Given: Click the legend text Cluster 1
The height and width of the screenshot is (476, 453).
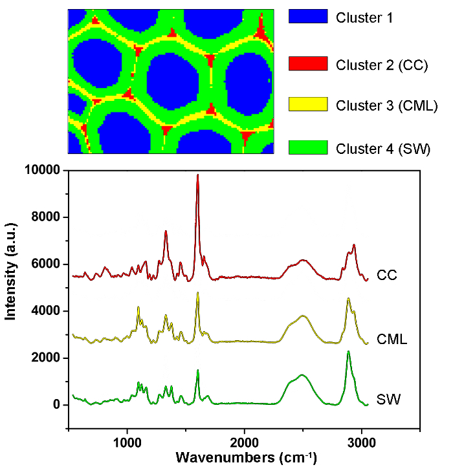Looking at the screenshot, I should (x=364, y=18).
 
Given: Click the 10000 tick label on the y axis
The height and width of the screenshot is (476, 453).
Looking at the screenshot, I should (x=41, y=170).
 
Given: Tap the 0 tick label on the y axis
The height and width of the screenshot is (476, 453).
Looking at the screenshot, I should (x=56, y=405).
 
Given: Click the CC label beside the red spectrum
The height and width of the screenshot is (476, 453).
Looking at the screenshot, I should (x=387, y=276).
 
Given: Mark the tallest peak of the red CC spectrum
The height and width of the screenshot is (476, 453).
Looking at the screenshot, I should (x=197, y=175).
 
